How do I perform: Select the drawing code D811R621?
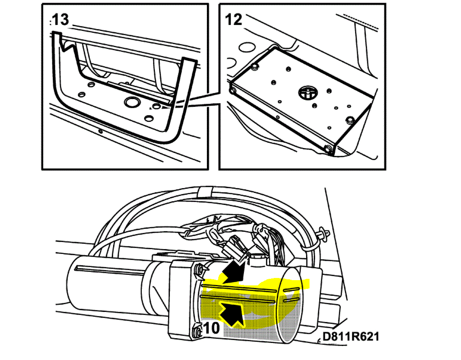pyautogui.click(x=350, y=337)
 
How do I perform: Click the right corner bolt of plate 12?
pyautogui.click(x=349, y=120)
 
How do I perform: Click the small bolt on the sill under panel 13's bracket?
pyautogui.click(x=100, y=130)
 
